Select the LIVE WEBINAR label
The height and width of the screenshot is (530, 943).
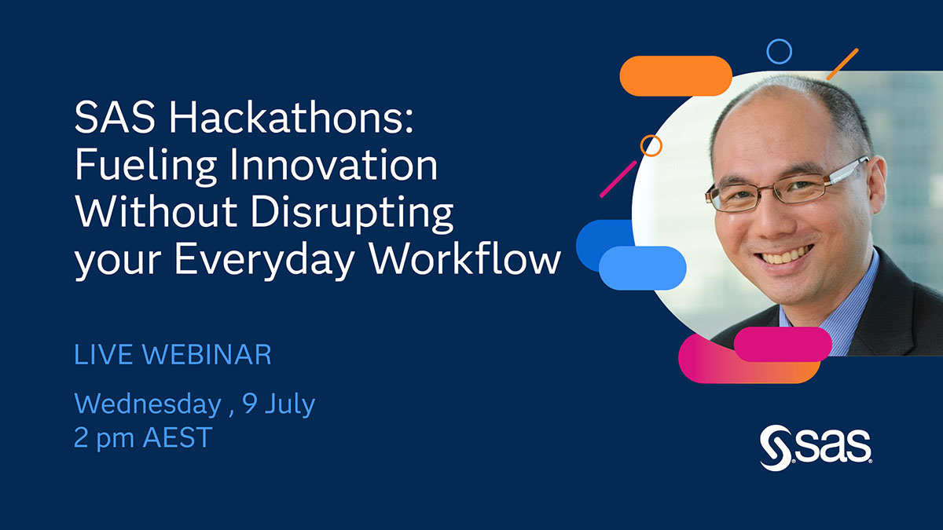(x=172, y=355)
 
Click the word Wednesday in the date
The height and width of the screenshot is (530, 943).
(x=147, y=404)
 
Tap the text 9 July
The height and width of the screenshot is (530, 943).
(x=278, y=404)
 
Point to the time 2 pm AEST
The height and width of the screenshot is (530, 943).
(x=143, y=438)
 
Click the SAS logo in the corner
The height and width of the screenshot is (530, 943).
(x=815, y=448)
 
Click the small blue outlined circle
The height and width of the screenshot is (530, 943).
(x=779, y=52)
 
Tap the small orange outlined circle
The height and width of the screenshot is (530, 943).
(x=651, y=145)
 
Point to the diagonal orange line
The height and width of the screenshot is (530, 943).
(x=842, y=64)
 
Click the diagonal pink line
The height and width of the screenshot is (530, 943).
(x=618, y=179)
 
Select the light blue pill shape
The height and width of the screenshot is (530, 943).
(x=643, y=268)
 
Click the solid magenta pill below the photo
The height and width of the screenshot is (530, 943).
(x=783, y=344)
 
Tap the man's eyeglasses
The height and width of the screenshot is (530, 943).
(x=786, y=185)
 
